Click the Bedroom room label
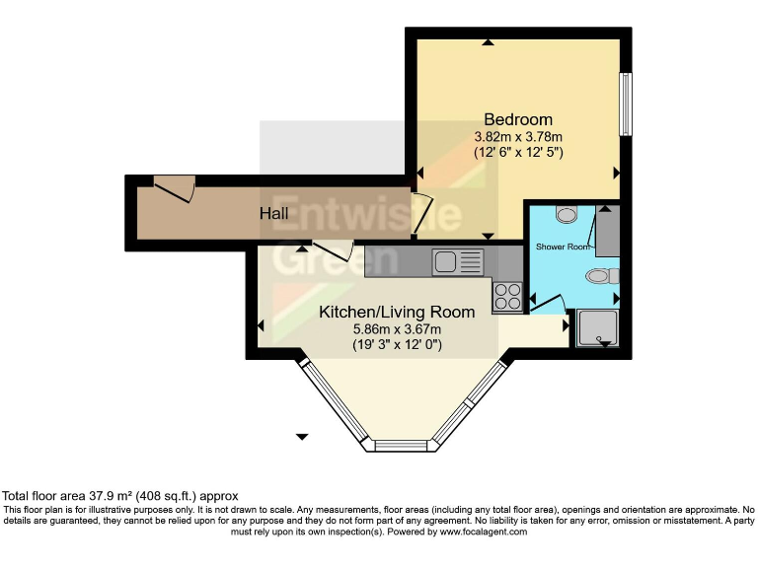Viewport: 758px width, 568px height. (517, 120)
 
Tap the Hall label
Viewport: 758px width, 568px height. (274, 213)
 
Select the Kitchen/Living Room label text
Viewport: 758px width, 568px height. (397, 312)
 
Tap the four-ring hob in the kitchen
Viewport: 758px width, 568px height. (507, 296)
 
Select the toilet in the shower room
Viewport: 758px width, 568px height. (603, 277)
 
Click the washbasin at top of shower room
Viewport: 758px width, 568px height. (567, 213)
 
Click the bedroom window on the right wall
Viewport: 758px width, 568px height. (626, 105)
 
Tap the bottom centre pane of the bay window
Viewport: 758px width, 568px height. (405, 446)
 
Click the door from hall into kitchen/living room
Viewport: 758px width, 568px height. (333, 250)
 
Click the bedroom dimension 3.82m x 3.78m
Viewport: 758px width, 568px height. (517, 136)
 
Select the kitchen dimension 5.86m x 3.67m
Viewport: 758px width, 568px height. (397, 328)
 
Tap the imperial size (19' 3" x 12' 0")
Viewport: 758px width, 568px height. (397, 345)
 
